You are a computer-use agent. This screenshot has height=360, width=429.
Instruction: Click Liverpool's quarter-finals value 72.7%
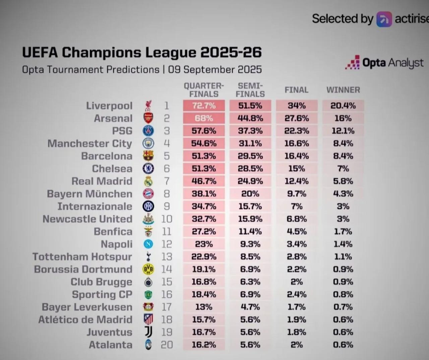click(x=204, y=106)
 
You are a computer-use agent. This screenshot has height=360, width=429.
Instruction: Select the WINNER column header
click(x=343, y=90)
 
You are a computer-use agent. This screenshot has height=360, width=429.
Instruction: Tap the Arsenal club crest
click(x=148, y=118)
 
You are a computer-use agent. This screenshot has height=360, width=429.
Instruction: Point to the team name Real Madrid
click(x=102, y=181)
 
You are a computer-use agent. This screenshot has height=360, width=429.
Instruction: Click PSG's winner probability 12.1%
click(x=343, y=131)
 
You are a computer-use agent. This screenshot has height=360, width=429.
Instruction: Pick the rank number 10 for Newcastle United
click(x=167, y=219)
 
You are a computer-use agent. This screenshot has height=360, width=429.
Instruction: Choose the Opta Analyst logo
click(x=384, y=63)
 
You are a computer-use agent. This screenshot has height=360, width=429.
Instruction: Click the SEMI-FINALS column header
click(x=250, y=90)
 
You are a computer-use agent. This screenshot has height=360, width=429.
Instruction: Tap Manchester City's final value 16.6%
click(x=297, y=143)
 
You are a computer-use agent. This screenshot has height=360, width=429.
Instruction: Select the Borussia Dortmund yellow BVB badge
click(x=148, y=269)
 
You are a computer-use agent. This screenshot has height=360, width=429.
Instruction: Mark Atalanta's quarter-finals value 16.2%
click(x=204, y=345)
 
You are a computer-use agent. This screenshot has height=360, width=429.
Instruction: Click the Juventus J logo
click(x=148, y=332)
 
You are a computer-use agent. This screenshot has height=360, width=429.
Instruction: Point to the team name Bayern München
click(x=89, y=194)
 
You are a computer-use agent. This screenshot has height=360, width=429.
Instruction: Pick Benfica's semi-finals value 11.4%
click(x=250, y=232)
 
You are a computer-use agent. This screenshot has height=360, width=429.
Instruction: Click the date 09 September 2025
click(x=215, y=70)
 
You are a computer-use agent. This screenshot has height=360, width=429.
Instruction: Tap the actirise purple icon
click(x=384, y=19)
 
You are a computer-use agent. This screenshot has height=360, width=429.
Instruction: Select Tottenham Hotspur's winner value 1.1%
click(x=343, y=257)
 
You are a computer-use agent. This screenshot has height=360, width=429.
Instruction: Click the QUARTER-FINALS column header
click(x=204, y=90)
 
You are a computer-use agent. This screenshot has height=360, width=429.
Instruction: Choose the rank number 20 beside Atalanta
click(x=167, y=345)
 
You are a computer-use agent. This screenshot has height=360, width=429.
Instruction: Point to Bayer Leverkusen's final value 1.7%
click(x=297, y=307)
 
